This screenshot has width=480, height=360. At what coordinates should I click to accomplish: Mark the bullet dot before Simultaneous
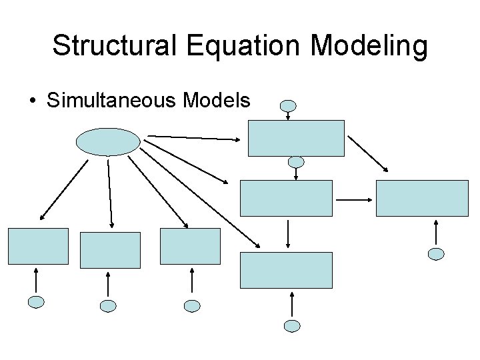32,101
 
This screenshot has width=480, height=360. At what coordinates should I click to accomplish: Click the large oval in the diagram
109,141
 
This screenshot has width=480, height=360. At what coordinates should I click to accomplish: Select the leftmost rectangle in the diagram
38,247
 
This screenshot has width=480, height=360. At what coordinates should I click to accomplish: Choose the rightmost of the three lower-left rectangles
190,247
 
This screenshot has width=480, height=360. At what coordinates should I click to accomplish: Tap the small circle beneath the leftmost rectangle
36,302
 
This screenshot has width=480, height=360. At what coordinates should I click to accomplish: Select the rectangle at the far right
423,199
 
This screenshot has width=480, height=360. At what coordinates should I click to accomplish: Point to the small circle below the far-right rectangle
436,253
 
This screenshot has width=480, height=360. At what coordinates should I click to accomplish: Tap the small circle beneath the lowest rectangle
292,325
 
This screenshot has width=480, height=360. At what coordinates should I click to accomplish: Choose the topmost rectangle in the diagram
297,138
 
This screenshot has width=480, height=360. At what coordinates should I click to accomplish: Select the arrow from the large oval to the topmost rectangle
193,138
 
